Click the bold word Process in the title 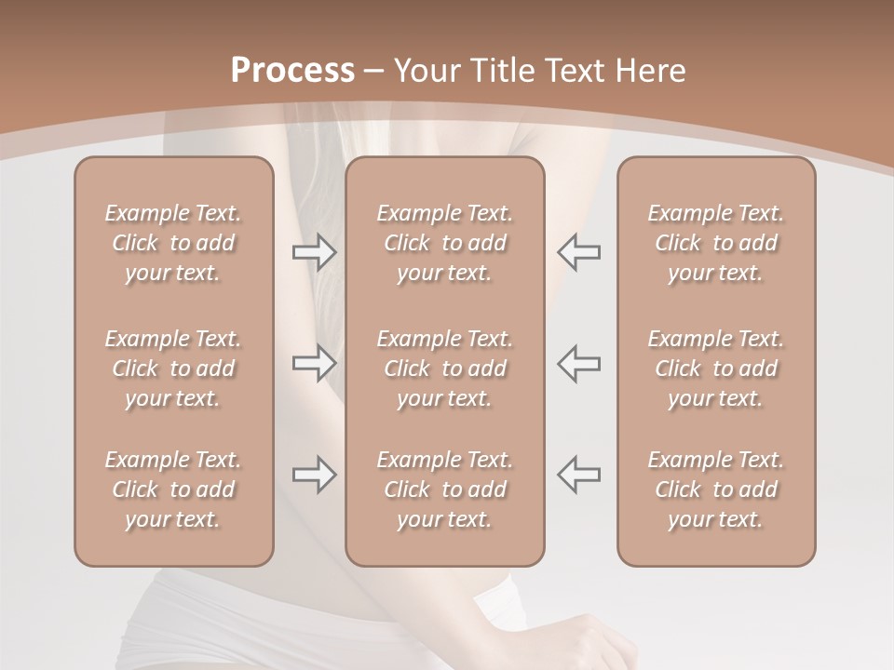[x=292, y=71]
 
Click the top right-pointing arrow [x=315, y=251]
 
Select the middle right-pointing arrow [x=315, y=363]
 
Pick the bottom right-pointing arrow [x=315, y=475]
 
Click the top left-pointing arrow [x=579, y=251]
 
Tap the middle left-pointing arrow [x=579, y=363]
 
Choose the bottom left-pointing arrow [x=579, y=475]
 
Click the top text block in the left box [x=173, y=243]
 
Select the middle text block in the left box [x=173, y=368]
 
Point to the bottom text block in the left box [x=173, y=489]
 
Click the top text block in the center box [x=444, y=243]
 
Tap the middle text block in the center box [x=444, y=368]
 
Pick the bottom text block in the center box [x=444, y=489]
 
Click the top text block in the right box [x=715, y=243]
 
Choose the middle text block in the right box [x=715, y=368]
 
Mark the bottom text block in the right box [x=715, y=489]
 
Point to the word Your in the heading [x=425, y=71]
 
